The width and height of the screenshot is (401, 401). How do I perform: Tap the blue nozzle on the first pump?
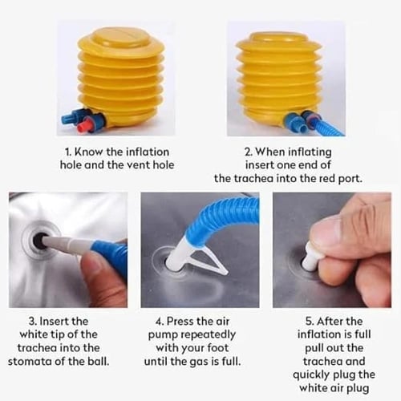(x=70, y=118)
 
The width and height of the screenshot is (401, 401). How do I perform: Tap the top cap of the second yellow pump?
(x=278, y=40)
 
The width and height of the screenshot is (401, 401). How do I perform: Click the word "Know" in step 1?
(x=88, y=152)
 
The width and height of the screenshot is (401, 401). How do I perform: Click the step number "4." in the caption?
(x=160, y=322)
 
